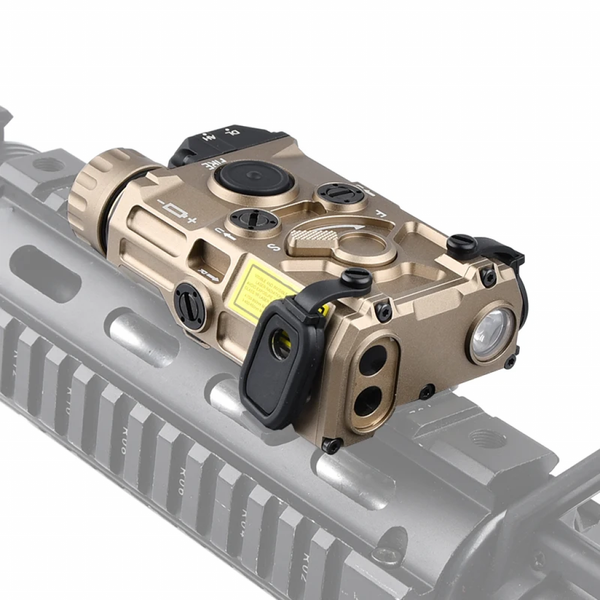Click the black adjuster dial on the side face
click(190, 306)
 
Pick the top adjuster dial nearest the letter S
click(254, 220)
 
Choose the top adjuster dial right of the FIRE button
click(342, 193)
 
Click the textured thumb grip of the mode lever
click(311, 237)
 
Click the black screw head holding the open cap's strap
click(357, 277)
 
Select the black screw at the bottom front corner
click(331, 445)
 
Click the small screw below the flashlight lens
click(427, 391)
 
